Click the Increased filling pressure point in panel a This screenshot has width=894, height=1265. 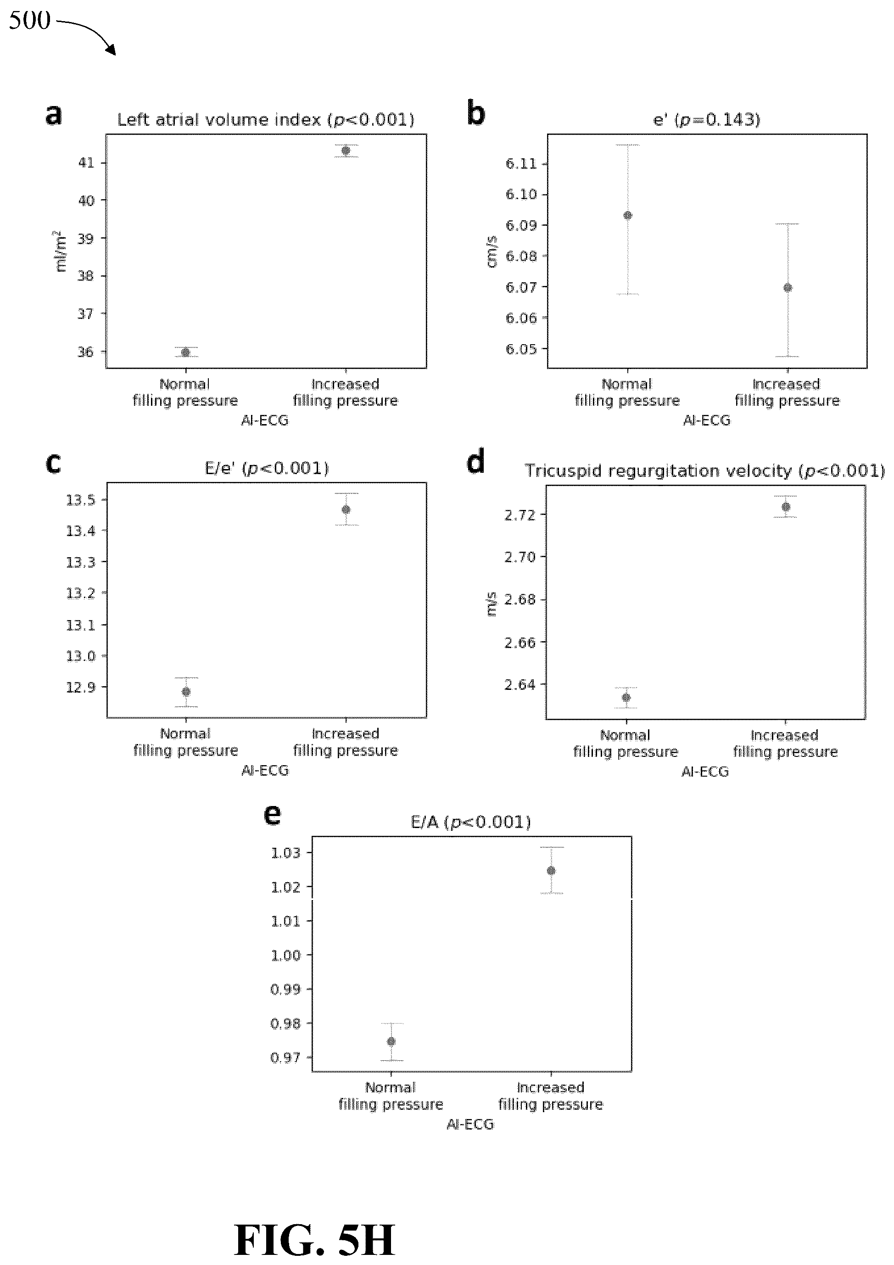pos(346,151)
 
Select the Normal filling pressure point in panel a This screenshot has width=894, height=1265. pos(185,352)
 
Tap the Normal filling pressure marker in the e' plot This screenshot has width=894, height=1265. pos(627,215)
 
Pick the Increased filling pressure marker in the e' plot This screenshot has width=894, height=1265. pos(788,288)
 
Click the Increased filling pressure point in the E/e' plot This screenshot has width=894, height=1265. pos(346,509)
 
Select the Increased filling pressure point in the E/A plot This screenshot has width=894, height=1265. pos(551,871)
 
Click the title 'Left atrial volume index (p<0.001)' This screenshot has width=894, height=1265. pos(266,119)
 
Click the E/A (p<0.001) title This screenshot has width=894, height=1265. pos(471,823)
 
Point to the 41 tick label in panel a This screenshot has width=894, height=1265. pos(86,162)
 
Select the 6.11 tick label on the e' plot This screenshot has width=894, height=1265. pos(521,164)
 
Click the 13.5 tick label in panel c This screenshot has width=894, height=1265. pos(80,500)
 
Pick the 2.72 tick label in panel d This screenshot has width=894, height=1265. pos(520,515)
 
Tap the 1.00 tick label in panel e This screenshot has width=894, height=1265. pos(285,955)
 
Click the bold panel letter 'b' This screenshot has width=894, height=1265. pos(476,113)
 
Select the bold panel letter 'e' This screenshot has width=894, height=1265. pos(273,815)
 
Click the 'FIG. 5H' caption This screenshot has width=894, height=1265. pos(314,1240)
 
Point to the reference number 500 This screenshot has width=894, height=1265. pos(30,20)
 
